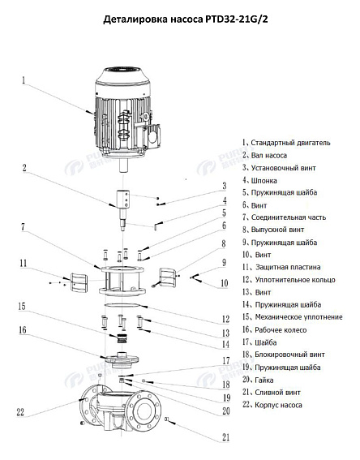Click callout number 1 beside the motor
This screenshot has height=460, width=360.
tap(24, 81)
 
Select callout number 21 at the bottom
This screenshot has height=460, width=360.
tap(224, 438)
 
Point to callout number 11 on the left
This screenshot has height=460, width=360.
tap(25, 262)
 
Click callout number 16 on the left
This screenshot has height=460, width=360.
tap(24, 331)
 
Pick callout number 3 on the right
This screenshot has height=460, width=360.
tap(224, 186)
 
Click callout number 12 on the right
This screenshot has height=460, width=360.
tap(224, 319)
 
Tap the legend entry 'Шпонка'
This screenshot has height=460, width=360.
tap(269, 179)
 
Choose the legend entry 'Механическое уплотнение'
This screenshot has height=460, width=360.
tap(295, 316)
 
